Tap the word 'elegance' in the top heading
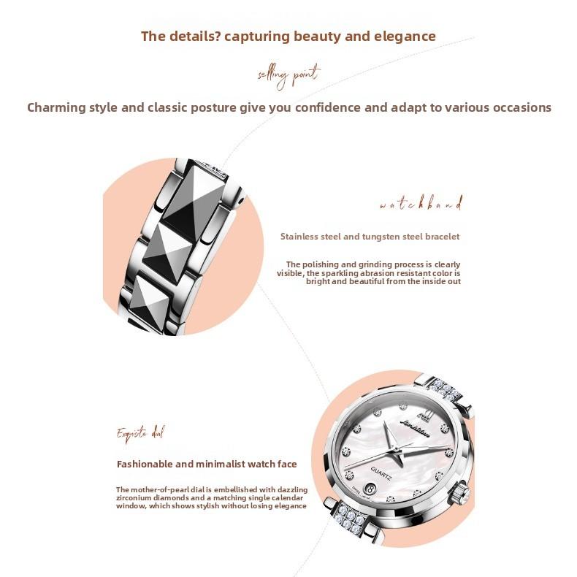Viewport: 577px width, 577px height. [403, 36]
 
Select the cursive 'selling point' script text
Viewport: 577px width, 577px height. [288, 74]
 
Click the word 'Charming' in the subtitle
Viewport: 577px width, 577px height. [56, 107]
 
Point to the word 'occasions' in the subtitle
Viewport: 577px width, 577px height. [519, 107]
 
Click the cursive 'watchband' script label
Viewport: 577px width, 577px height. [421, 205]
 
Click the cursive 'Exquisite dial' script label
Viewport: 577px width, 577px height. [140, 434]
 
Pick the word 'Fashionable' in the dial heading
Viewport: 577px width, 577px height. [145, 464]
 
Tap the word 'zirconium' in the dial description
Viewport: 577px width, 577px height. [136, 497]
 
